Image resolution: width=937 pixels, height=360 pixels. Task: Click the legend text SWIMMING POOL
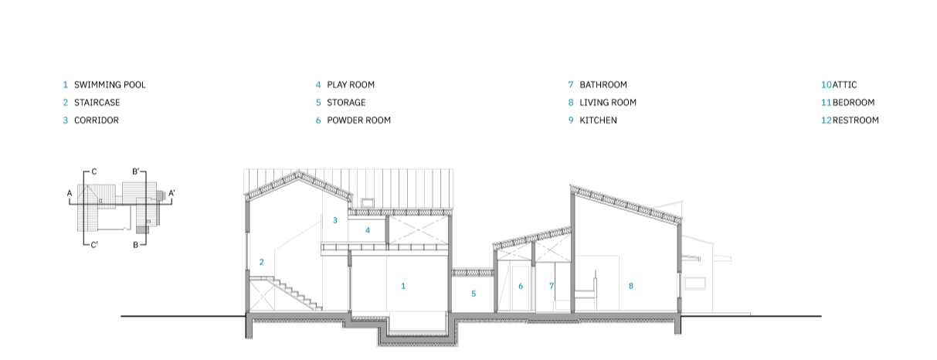click(110, 85)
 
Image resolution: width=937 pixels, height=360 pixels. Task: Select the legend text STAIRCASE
click(97, 103)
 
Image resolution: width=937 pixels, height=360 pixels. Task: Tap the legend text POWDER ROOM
click(359, 121)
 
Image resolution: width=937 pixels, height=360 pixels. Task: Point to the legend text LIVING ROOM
click(608, 103)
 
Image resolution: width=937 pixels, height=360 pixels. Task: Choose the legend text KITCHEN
click(598, 121)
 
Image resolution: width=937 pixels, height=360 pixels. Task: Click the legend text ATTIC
click(844, 85)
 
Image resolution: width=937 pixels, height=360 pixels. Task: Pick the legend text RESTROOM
click(855, 121)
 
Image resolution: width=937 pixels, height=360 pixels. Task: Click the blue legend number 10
click(826, 85)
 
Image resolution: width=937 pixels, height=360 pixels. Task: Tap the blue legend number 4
click(318, 85)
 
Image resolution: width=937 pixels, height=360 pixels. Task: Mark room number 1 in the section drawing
click(403, 286)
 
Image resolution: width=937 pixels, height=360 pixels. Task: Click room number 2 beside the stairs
click(261, 262)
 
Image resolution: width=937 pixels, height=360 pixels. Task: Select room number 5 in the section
click(474, 294)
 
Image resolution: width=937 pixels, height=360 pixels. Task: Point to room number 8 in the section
click(631, 286)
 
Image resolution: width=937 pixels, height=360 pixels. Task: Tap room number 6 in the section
click(521, 286)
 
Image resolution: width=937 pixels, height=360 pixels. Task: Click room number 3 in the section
click(335, 220)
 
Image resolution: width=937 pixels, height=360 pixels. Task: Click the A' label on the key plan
click(171, 193)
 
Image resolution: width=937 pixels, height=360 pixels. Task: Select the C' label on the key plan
click(94, 245)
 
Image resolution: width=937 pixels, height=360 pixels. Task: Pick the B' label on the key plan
click(136, 172)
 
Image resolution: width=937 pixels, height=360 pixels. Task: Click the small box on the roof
click(367, 202)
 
